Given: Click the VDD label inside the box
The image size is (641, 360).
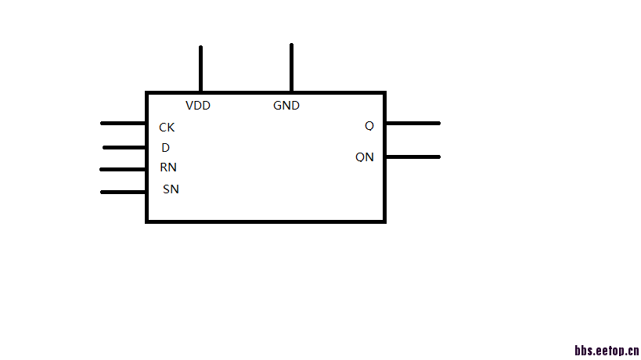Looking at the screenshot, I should click(x=198, y=105).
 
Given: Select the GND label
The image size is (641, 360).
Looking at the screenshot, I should click(x=286, y=105).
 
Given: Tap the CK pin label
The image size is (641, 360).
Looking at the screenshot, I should click(x=167, y=127).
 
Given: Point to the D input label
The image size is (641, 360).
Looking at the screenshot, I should click(x=166, y=147).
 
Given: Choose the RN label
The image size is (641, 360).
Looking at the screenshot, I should click(x=168, y=167).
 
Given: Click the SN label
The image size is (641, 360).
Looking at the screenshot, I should click(x=171, y=189).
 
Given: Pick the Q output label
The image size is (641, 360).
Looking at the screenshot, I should click(x=369, y=125).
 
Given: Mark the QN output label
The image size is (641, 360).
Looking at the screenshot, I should click(x=365, y=157).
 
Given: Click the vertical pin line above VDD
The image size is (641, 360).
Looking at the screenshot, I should click(x=200, y=69).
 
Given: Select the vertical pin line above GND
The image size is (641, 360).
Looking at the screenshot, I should click(x=291, y=67).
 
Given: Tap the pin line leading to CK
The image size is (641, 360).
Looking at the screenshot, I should click(x=124, y=123).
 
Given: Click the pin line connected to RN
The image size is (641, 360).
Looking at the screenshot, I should click(x=124, y=169).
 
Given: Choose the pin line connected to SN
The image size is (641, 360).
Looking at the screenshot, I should click(x=124, y=191).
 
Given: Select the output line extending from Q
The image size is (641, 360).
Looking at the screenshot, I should click(x=412, y=123).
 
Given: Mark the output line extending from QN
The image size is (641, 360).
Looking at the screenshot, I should click(x=412, y=157).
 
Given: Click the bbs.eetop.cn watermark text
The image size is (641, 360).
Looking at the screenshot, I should click(x=607, y=351).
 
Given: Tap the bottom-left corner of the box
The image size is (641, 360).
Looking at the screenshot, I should click(x=147, y=221).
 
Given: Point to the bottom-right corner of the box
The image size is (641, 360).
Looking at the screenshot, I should click(x=384, y=221).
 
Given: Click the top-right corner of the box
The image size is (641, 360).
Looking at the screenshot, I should click(x=384, y=93).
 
